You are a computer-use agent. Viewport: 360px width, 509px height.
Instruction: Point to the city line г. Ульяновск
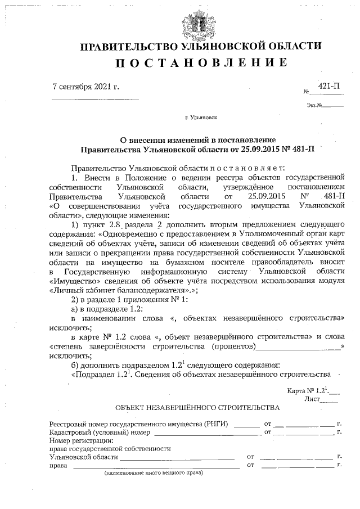[201, 119]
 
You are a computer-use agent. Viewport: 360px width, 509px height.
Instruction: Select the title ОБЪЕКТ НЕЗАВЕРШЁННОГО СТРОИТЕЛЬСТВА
[197, 407]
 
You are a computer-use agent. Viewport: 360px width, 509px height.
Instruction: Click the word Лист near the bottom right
[311, 398]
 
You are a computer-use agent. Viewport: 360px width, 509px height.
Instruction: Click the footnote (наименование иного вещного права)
[154, 474]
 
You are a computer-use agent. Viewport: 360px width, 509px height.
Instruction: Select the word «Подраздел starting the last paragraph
[93, 373]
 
